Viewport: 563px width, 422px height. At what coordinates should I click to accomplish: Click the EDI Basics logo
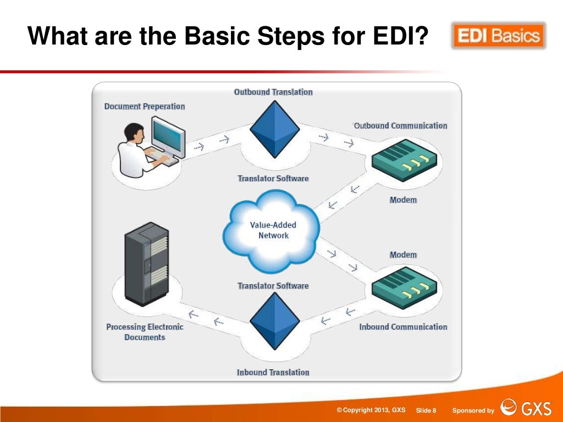coord(498,36)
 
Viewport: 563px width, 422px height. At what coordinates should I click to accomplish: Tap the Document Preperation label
coord(145,107)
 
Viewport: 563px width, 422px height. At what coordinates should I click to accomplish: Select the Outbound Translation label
coord(273,92)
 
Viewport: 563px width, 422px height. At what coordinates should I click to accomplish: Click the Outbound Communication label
coord(400,125)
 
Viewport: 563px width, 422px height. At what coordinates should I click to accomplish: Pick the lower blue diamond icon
coord(274,322)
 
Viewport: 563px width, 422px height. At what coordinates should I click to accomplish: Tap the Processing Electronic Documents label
coord(145,332)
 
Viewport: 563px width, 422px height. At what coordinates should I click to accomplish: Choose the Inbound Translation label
coord(273,372)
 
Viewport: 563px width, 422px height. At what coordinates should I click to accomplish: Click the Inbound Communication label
coord(403,327)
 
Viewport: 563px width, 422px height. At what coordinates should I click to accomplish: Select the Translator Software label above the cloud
coord(273,179)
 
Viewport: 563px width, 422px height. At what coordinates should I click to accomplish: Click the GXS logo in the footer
coord(525,409)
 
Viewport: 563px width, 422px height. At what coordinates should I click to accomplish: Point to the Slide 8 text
coord(426,410)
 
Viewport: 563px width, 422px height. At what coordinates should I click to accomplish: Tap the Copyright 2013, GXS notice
coord(371,410)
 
